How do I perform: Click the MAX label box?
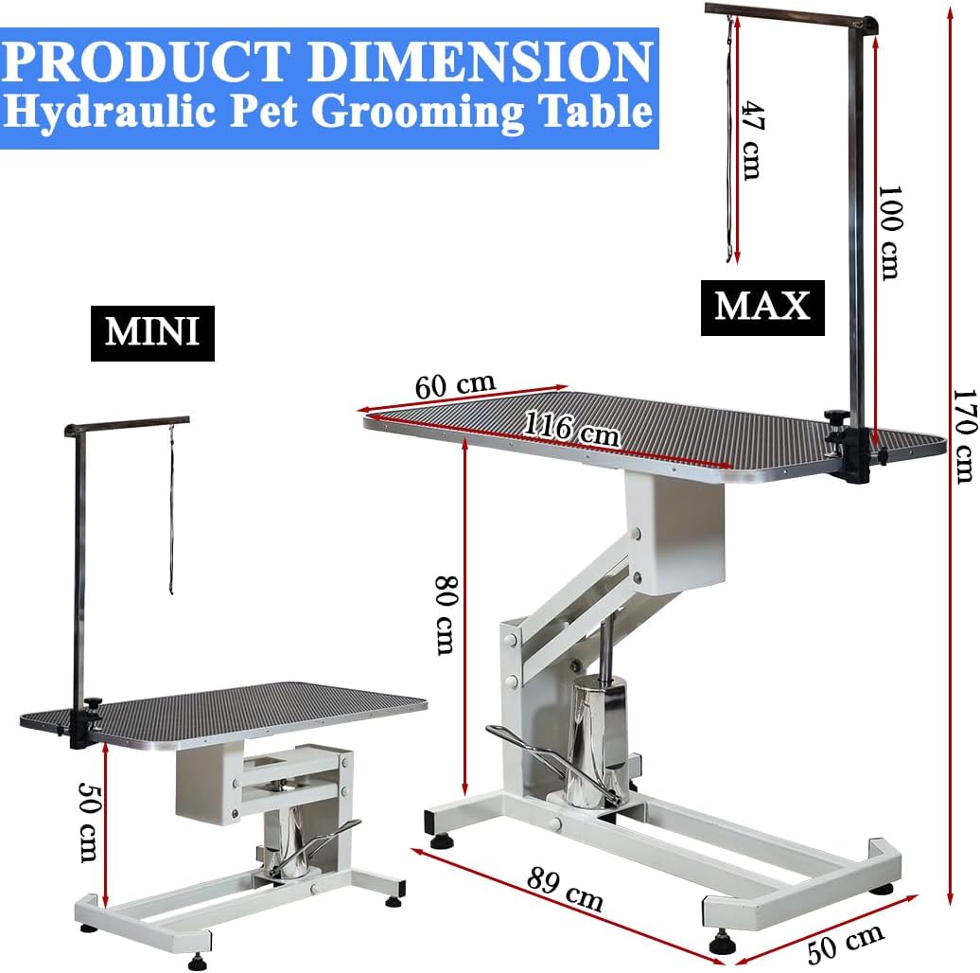tap(762, 308)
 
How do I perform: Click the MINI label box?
tap(152, 333)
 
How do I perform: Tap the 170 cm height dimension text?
tap(964, 435)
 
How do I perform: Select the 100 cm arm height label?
tap(889, 232)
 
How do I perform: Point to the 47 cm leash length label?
tap(753, 140)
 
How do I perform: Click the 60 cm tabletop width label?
tap(455, 385)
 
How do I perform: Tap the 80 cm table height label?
tap(446, 615)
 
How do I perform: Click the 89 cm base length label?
tap(565, 889)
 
